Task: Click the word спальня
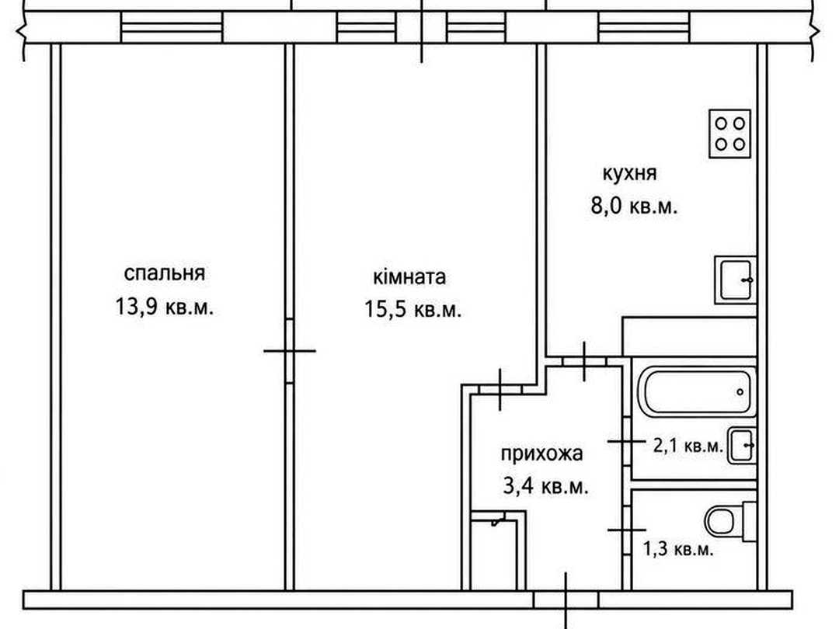(164, 273)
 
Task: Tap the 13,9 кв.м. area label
(164, 307)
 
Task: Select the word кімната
(409, 277)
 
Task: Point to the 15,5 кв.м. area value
(413, 310)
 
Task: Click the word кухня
(629, 174)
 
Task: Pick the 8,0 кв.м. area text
(634, 206)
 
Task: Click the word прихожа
(541, 454)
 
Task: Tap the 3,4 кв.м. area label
(546, 487)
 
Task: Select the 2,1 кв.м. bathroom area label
(688, 445)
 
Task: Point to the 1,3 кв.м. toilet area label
(678, 549)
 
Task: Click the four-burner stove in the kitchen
(729, 134)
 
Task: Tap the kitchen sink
(735, 280)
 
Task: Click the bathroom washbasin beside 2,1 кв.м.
(741, 445)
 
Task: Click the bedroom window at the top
(172, 26)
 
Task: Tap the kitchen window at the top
(644, 26)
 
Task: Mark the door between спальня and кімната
(290, 351)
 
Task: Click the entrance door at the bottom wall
(566, 599)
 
